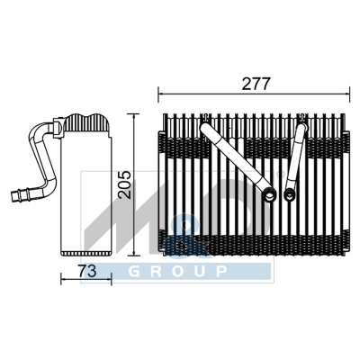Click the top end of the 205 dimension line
tap(134, 115)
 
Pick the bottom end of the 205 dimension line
tap(134, 256)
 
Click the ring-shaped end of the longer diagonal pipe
tap(270, 193)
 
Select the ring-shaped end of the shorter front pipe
tap(290, 193)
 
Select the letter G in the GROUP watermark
tap(135, 272)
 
